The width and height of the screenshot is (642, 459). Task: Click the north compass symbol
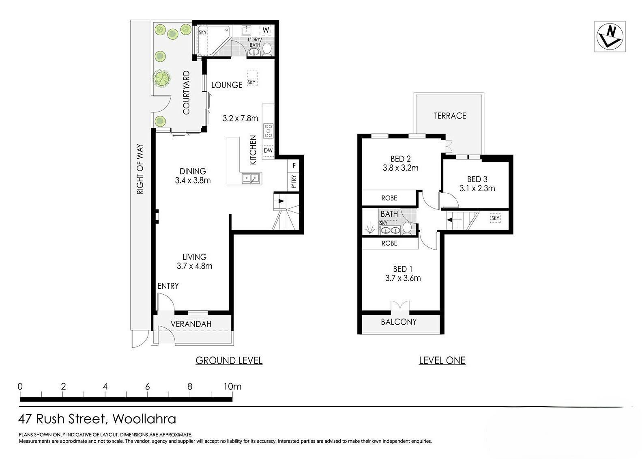click(x=610, y=37)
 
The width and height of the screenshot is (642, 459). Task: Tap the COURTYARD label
click(x=186, y=93)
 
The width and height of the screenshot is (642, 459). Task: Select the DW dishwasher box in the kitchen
click(x=268, y=151)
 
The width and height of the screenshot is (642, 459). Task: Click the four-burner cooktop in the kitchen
click(x=268, y=131)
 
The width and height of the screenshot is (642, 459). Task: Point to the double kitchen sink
click(x=251, y=179)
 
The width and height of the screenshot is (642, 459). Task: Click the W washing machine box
click(x=266, y=30)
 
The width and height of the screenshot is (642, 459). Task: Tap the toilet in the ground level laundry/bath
click(x=267, y=49)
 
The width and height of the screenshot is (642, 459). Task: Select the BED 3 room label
click(x=477, y=179)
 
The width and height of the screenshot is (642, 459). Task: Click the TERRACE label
click(x=450, y=116)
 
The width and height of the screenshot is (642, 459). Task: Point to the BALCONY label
click(x=399, y=322)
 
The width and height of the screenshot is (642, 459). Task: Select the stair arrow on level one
click(x=454, y=220)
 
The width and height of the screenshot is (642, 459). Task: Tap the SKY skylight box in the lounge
click(x=252, y=78)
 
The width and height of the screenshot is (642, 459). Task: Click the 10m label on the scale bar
click(x=232, y=386)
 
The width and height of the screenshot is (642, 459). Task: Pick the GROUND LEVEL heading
click(x=229, y=361)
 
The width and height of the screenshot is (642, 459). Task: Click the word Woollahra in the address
click(x=144, y=419)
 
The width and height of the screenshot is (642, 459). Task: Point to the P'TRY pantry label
click(x=294, y=181)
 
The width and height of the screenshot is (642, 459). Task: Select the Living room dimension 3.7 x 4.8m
click(x=194, y=266)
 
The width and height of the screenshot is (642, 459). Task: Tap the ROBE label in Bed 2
click(x=389, y=198)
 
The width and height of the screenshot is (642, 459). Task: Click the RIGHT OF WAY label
click(x=140, y=169)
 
